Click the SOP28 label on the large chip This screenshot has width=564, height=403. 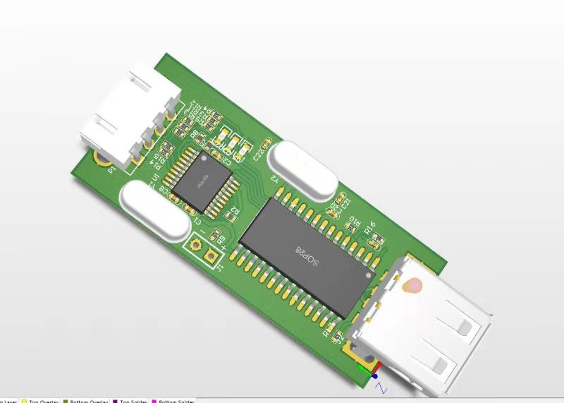(x=307, y=256)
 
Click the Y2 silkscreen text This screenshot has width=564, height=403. (x=276, y=179)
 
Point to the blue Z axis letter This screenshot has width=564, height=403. (x=381, y=387)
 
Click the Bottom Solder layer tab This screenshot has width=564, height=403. (x=176, y=400)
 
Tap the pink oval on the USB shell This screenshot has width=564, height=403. (x=412, y=285)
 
